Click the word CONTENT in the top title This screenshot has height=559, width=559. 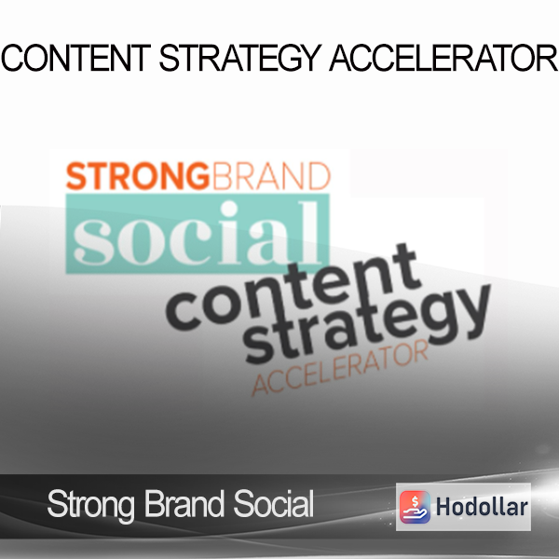76,58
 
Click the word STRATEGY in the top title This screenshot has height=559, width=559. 240,58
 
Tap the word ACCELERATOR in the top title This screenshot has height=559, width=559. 443,58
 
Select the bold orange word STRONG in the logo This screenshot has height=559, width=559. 138,176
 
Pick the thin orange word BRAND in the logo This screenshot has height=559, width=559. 271,176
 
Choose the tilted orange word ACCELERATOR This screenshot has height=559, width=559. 339,367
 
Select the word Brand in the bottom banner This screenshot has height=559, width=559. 184,503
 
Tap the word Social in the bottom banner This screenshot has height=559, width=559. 273,503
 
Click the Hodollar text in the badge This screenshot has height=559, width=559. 482,507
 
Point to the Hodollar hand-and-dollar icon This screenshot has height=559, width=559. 415,507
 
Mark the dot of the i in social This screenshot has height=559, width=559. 229,209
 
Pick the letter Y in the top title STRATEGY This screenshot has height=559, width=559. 310,58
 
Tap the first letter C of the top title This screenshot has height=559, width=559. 12,58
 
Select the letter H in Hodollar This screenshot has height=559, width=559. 443,507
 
